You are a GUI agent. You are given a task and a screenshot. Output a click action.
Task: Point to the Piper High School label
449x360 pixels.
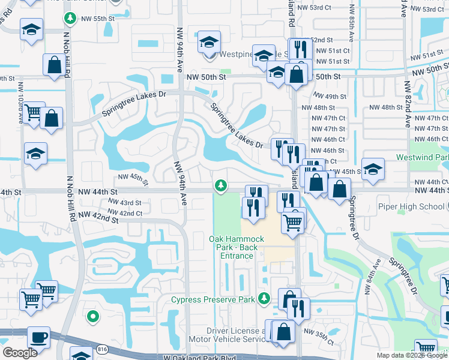[x=411, y=206]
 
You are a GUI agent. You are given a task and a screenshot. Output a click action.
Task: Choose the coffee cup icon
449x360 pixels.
[x=40, y=337]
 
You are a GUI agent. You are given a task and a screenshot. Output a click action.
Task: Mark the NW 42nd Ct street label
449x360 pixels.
[x=125, y=213]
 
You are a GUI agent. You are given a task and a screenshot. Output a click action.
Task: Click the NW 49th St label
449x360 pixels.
[x=329, y=96]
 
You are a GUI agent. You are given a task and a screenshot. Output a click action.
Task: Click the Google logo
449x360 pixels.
[x=20, y=353]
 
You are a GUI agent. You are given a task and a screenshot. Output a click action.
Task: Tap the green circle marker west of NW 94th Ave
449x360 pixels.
[x=92, y=316]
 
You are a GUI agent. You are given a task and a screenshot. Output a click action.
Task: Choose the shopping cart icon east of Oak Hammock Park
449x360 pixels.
[x=293, y=222]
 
